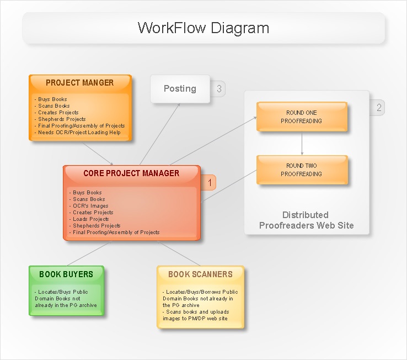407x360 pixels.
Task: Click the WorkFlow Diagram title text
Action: click(203, 28)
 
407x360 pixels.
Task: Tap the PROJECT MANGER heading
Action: click(79, 83)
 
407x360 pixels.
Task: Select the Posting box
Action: click(180, 89)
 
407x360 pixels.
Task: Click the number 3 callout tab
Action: click(218, 89)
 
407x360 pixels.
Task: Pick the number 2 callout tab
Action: click(377, 108)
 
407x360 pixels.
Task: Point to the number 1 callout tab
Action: click(208, 182)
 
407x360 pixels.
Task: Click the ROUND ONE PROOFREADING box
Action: click(302, 117)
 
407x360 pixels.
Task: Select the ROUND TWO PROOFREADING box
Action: click(302, 170)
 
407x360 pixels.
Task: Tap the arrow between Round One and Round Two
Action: click(302, 144)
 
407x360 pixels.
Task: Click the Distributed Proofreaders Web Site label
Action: click(306, 220)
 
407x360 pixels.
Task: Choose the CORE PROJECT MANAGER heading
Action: click(131, 173)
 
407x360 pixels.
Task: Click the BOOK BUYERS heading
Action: click(66, 274)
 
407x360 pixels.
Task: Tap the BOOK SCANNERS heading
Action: click(200, 274)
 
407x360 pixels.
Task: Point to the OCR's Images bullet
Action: click(89, 206)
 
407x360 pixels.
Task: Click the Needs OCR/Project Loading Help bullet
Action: click(77, 133)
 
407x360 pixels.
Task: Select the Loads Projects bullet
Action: click(89, 219)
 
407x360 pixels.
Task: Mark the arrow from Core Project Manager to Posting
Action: click(160, 134)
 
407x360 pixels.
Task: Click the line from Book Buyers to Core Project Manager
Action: click(89, 253)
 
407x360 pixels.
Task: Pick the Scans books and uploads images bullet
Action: click(196, 315)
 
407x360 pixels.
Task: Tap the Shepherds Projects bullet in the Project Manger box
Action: click(60, 119)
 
